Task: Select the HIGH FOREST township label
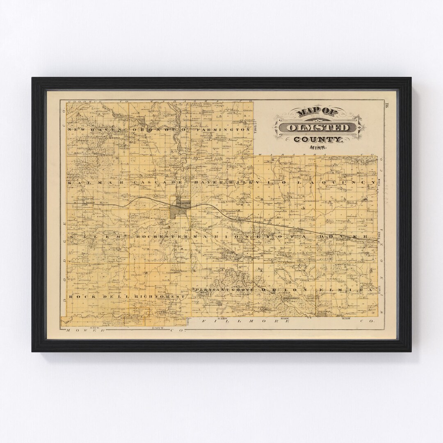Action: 158,296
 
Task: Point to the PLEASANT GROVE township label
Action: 224,290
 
